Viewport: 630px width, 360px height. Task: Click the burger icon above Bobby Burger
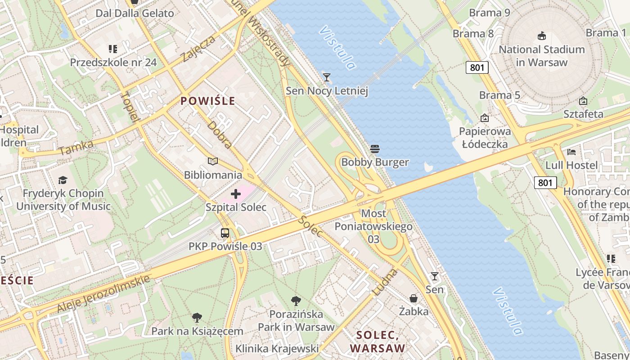375,148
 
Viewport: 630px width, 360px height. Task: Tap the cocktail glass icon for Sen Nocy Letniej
327,77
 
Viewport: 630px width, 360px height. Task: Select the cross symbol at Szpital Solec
236,194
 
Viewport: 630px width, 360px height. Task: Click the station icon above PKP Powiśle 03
225,233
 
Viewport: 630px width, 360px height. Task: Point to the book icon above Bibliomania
213,161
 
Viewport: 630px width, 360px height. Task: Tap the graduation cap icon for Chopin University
63,180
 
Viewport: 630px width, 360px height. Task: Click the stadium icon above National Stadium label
542,36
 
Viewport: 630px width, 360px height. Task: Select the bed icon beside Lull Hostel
571,152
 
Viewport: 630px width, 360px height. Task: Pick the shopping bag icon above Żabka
414,298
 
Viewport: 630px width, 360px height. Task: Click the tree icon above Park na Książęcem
197,318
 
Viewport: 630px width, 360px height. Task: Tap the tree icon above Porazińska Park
296,301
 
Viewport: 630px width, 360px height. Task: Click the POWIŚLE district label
208,101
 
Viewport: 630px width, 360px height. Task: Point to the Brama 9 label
490,13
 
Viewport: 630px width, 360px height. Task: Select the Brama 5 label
499,95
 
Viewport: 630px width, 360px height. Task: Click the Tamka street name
76,147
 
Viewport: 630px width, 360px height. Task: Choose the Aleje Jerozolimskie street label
103,293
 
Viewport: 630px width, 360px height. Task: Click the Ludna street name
386,282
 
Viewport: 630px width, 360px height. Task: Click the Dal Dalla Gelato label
135,13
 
